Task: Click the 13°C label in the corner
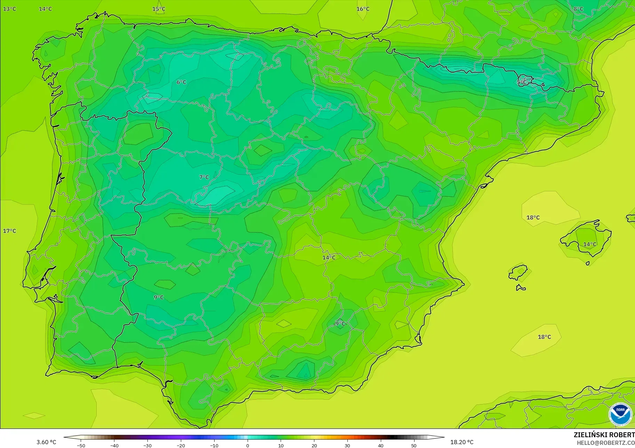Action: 9,9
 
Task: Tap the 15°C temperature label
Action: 159,9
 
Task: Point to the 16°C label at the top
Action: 363,9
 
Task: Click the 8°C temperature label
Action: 578,9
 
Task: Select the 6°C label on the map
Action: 181,82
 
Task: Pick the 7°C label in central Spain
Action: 204,177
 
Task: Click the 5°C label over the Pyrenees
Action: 522,82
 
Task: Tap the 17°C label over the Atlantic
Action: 9,231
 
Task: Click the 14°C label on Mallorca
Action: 589,244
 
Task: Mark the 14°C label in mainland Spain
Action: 329,258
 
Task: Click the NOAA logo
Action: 620,414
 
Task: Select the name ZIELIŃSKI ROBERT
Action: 604,435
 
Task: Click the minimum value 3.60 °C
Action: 46,442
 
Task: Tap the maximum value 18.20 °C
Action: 462,442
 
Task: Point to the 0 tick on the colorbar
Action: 248,445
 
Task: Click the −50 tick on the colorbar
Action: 81,445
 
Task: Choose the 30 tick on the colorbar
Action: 347,445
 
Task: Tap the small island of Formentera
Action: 521,288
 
